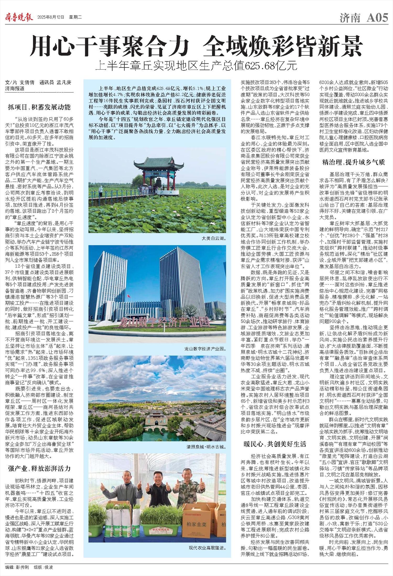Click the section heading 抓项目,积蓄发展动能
coord(39,107)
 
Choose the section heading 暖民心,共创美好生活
coord(275,444)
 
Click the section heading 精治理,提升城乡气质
coord(353,162)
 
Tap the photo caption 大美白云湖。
coord(214,238)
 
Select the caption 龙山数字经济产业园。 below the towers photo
coord(205,349)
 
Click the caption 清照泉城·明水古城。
coord(206,447)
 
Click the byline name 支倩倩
coord(27,82)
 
